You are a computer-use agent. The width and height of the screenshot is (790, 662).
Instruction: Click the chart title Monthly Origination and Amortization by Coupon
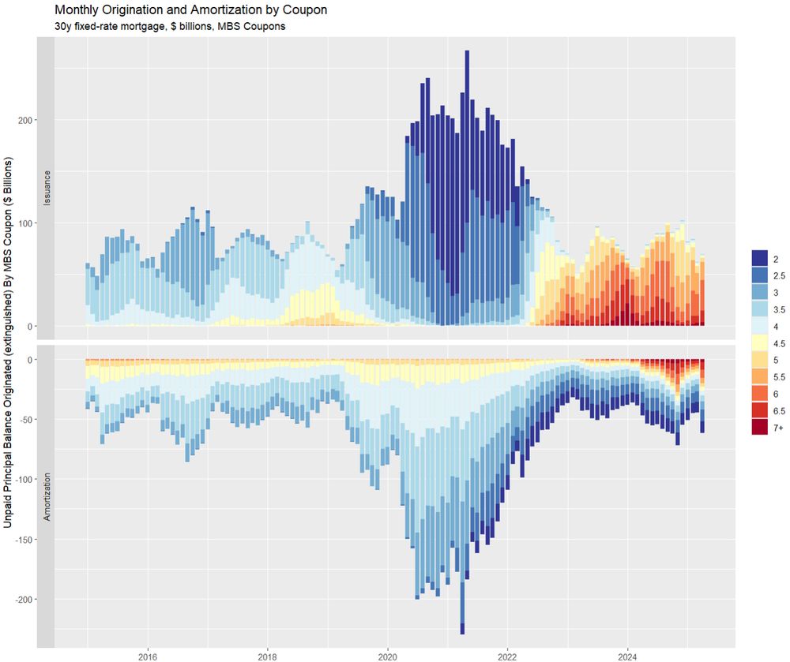pos(190,10)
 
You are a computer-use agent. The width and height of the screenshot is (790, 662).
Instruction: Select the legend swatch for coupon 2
pos(760,258)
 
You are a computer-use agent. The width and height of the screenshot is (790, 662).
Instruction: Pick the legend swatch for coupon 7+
pos(760,428)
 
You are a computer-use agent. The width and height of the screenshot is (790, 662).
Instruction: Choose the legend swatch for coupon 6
pos(760,394)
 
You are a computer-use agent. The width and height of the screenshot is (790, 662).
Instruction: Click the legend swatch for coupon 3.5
pos(760,309)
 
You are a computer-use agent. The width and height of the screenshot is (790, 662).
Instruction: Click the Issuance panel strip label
pos(47,188)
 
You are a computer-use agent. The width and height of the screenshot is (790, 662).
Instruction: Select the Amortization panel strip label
pos(47,497)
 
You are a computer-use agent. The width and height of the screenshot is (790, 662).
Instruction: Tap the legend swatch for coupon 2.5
pos(760,275)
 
